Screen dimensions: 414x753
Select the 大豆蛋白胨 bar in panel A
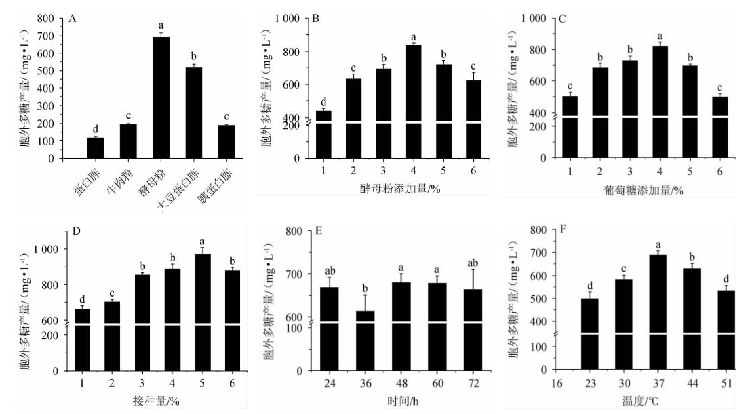point(194,112)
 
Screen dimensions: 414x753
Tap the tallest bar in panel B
point(413,102)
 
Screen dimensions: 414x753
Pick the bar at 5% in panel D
point(202,312)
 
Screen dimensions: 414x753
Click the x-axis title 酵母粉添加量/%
point(400,189)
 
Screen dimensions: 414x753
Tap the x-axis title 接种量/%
point(156,401)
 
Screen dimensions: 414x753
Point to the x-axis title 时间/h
point(402,401)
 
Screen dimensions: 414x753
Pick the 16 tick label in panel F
point(557,383)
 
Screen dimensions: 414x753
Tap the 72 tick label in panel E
point(473,383)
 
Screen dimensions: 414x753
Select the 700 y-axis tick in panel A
point(45,36)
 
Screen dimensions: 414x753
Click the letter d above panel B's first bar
point(324,101)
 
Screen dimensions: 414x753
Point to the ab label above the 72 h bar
point(473,263)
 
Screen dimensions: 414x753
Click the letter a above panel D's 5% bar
point(202,241)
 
